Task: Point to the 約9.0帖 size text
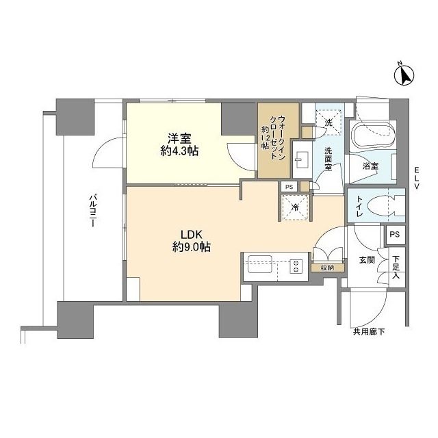pos(183,248)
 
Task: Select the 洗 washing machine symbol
pos(328,123)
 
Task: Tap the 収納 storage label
pos(326,268)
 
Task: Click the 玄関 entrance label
pos(366,260)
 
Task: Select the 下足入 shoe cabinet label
pos(396,267)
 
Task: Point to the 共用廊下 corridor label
pos(368,332)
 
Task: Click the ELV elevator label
pos(416,181)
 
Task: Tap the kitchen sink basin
pos(261,266)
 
